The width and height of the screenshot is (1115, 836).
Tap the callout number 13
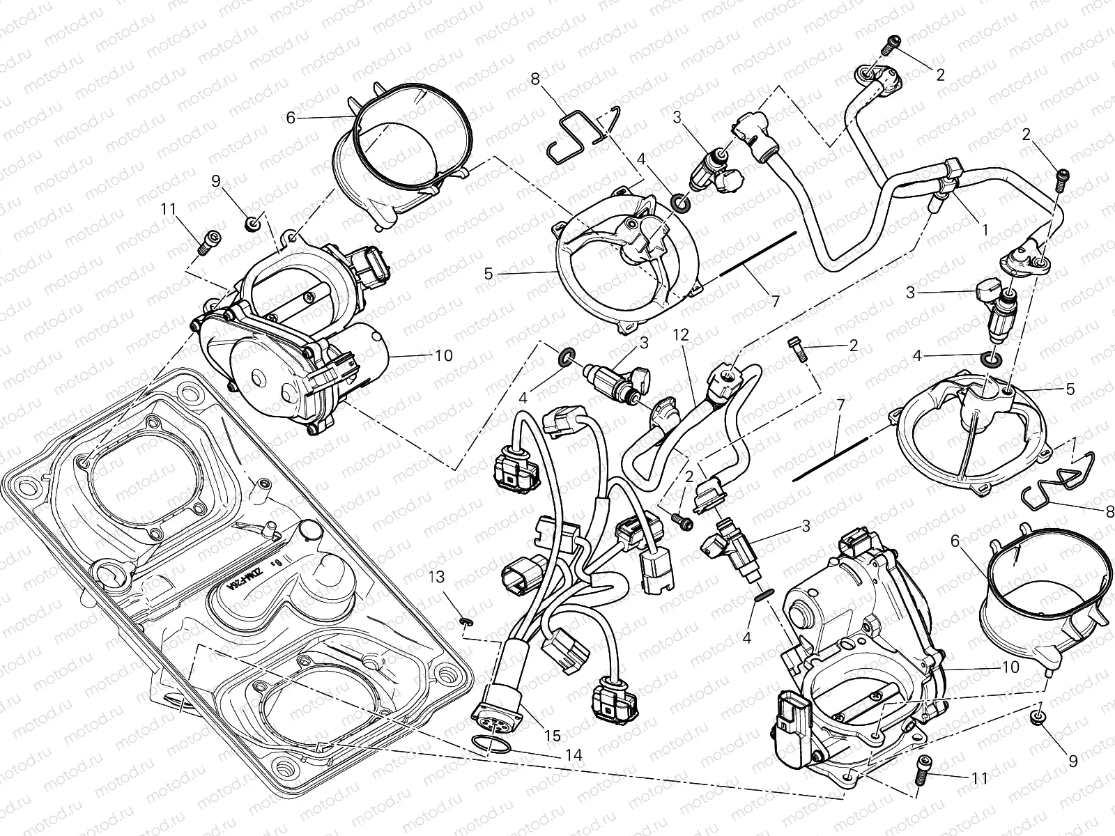pos(436,578)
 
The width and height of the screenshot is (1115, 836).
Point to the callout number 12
pos(681,336)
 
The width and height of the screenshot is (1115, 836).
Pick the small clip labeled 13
pos(465,620)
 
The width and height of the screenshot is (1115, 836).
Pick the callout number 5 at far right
pos(1070,389)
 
